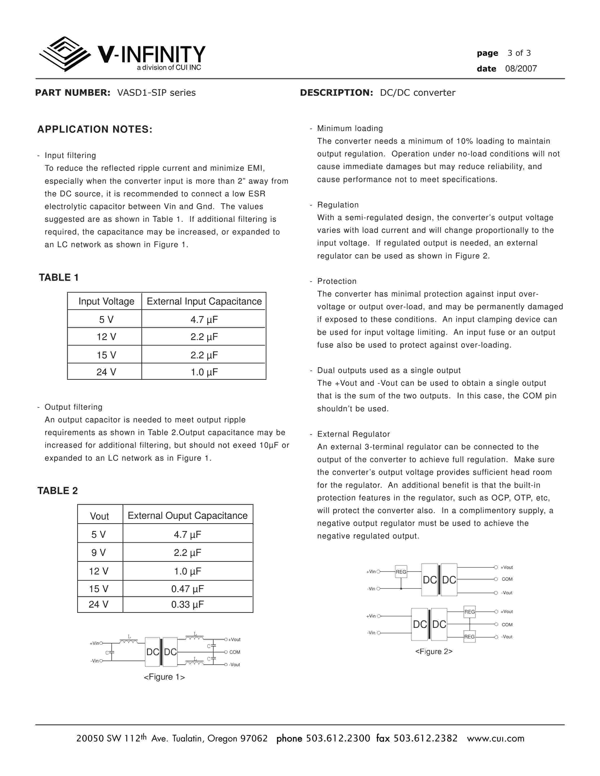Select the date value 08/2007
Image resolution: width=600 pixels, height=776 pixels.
[x=521, y=69]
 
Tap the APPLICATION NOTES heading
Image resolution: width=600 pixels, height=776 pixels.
[x=95, y=129]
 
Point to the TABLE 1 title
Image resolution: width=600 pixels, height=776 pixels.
[x=59, y=277]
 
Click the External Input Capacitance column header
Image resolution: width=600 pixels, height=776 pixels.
[x=204, y=301]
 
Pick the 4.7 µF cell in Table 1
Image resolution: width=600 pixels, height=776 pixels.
[x=204, y=319]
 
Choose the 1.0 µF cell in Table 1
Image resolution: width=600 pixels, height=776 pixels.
[x=204, y=372]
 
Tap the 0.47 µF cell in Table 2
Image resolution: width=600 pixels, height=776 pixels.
[x=187, y=589]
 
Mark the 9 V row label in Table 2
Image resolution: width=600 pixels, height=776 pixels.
[x=98, y=553]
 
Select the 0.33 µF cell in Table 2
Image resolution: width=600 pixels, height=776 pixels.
[x=187, y=604]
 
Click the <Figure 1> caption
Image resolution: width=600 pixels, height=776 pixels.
[x=164, y=677]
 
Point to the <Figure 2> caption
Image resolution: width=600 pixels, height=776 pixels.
[x=434, y=651]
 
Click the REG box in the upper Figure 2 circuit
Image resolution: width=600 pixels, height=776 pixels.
[x=401, y=572]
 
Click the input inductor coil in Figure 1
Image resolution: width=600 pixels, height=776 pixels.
[x=129, y=641]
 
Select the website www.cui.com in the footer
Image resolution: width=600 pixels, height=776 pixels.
[x=496, y=738]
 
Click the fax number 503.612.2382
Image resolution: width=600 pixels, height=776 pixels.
[x=425, y=738]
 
